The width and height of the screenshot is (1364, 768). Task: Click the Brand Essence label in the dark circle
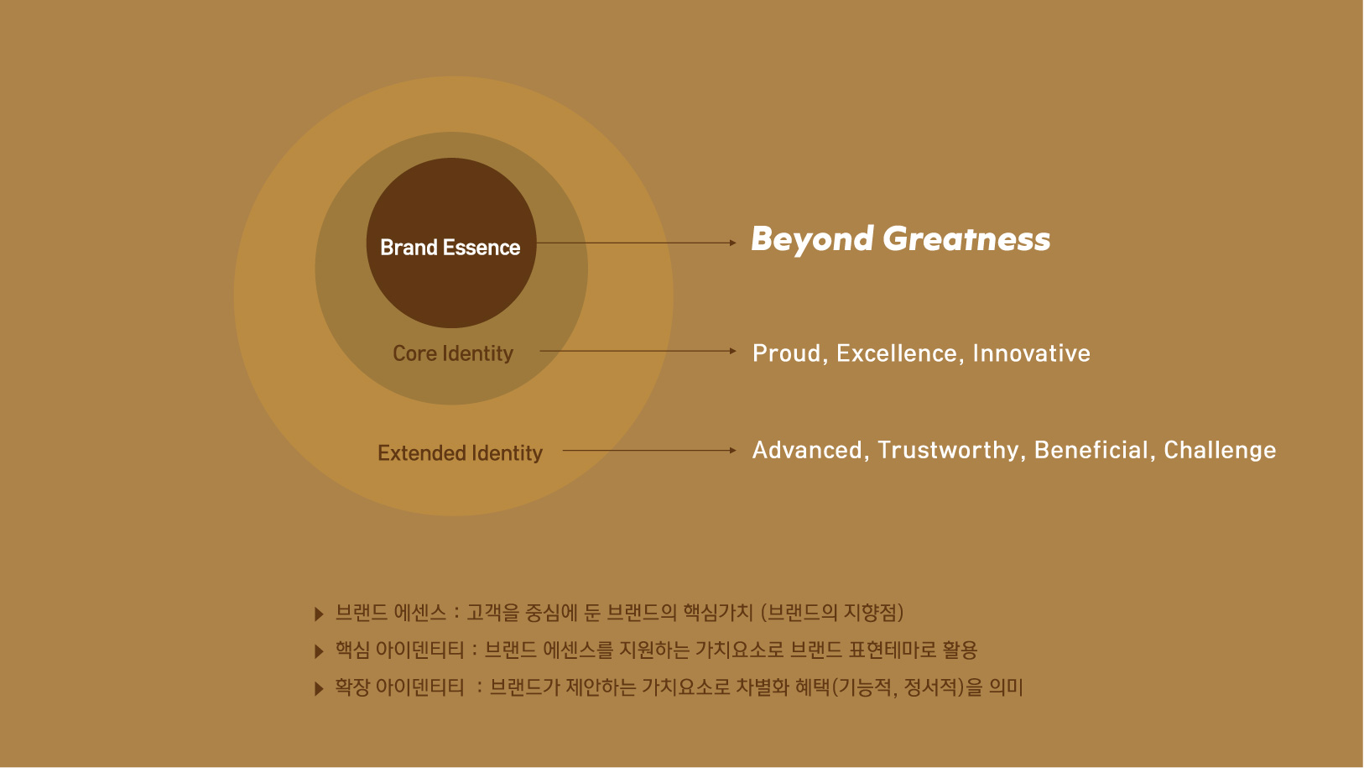(450, 248)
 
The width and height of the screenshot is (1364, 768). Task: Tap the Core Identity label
(453, 353)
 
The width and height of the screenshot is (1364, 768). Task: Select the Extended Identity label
(460, 452)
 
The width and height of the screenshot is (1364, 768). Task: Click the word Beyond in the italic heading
(812, 239)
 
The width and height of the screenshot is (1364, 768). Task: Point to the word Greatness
(967, 238)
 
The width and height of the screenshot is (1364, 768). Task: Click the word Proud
(787, 353)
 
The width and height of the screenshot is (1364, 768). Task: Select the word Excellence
(897, 353)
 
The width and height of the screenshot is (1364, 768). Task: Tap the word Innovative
(1032, 353)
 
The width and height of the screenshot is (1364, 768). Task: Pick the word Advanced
(807, 450)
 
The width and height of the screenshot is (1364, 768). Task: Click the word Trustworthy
(948, 451)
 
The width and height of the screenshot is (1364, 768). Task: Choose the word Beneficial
(1091, 450)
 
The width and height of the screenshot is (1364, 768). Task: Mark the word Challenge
(1221, 451)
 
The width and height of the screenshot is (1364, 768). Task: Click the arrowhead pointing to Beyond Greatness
(733, 243)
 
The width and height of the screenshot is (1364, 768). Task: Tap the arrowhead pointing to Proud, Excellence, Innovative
(733, 351)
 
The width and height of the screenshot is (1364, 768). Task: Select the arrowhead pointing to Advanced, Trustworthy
(733, 451)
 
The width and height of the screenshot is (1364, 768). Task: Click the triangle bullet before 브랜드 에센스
(319, 614)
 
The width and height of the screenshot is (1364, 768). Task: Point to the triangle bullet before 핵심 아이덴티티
(319, 651)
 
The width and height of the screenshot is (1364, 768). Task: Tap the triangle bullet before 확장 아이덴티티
(319, 689)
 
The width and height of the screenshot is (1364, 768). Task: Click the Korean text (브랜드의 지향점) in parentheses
(832, 613)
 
